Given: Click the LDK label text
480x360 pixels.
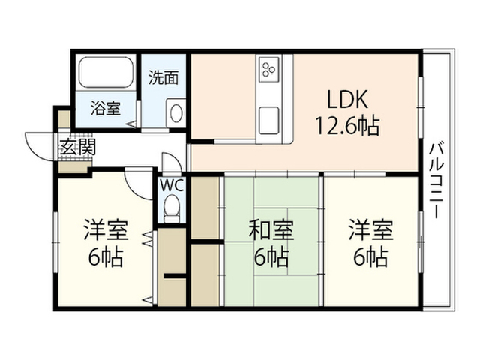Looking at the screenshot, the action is [x=347, y=99].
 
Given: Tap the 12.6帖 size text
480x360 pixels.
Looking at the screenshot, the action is [x=347, y=125].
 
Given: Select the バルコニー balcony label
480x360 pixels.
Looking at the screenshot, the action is [x=436, y=181].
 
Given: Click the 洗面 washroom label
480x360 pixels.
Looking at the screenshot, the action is [x=163, y=78].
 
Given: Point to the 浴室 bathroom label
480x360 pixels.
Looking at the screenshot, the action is [x=105, y=108].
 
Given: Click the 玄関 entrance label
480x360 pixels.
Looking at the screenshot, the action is [x=78, y=147].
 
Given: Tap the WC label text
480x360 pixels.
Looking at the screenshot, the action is [x=172, y=185].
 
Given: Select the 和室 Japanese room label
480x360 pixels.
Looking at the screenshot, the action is [x=271, y=230].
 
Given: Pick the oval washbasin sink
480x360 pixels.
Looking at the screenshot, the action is [x=176, y=113].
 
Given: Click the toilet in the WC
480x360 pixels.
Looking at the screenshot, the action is [x=172, y=209].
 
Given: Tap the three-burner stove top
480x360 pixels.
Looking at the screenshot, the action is [x=269, y=69].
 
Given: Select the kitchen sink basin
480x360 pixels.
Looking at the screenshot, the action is [x=268, y=120].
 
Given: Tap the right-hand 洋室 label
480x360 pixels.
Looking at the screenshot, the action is [x=370, y=230].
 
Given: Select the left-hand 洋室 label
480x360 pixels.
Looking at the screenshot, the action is [x=106, y=230].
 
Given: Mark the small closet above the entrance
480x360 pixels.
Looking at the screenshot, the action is [x=64, y=119].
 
